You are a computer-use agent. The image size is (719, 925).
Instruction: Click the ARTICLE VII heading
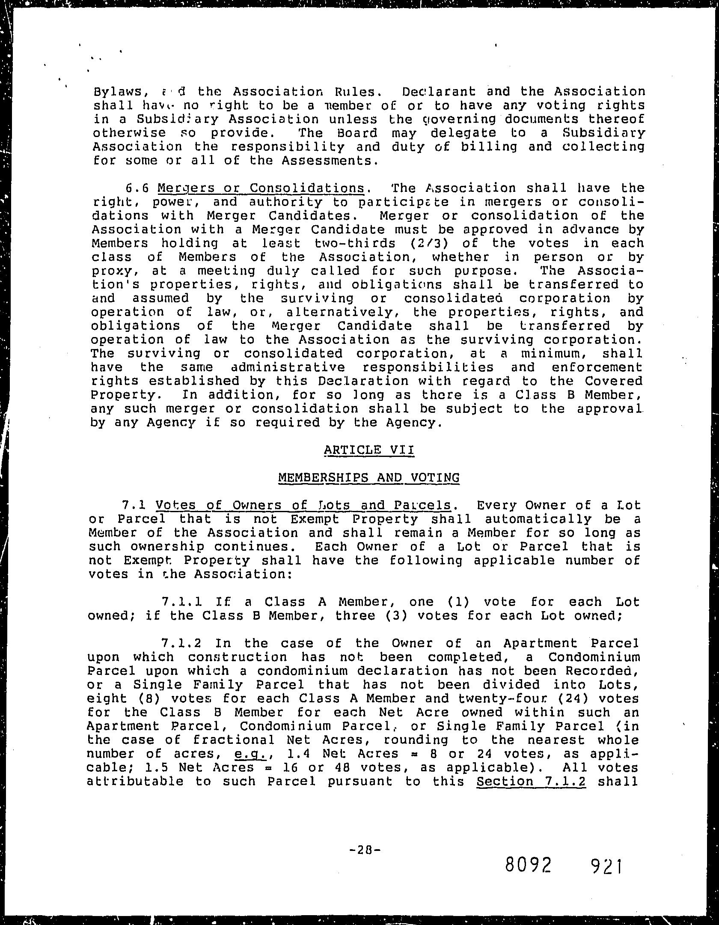coord(369,450)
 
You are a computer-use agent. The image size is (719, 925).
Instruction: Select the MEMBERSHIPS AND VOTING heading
coord(369,477)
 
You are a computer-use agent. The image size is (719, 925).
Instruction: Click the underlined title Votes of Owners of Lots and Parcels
coord(303,505)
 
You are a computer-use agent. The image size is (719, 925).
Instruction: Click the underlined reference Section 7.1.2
coord(531,781)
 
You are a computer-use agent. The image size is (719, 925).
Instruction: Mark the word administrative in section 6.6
coord(288,367)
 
